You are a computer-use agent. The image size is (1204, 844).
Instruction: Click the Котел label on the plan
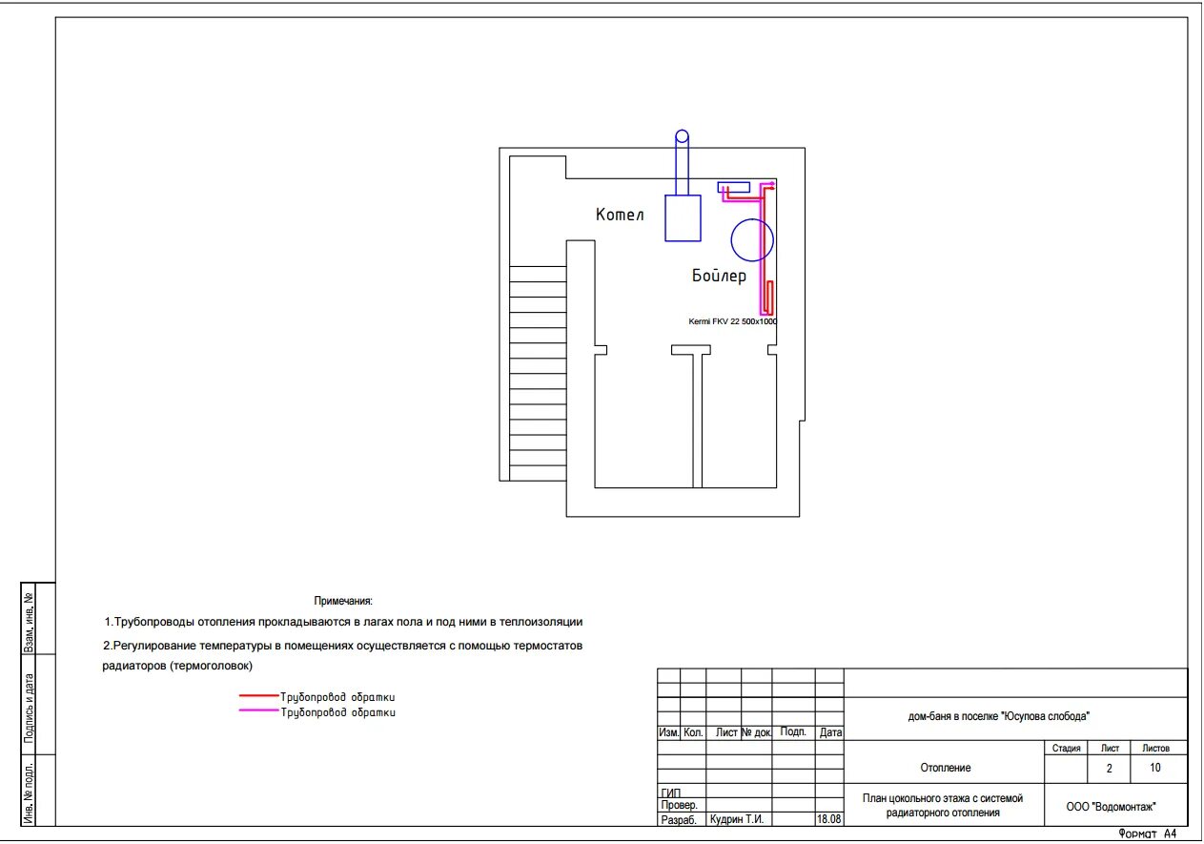point(620,215)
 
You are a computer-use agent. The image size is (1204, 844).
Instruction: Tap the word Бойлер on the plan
point(719,276)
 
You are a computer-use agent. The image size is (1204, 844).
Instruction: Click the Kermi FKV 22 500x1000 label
point(733,321)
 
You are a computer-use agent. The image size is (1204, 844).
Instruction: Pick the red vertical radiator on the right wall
point(769,298)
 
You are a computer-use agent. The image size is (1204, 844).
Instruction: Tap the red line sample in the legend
point(258,695)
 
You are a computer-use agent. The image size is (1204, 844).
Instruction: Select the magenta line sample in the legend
point(258,710)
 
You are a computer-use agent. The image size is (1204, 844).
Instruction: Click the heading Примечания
point(343,601)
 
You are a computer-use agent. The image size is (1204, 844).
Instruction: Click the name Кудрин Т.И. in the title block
point(736,819)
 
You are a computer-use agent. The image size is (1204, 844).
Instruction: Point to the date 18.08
point(828,819)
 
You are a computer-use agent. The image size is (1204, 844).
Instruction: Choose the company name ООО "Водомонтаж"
point(1111,807)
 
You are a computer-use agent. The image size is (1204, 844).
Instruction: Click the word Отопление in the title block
point(946,768)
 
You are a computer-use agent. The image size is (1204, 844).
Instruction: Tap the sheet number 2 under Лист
point(1109,769)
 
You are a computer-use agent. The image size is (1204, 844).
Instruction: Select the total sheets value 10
point(1155,768)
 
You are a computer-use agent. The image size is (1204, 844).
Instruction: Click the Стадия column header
point(1067,749)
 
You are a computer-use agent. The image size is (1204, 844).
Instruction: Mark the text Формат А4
point(1148,834)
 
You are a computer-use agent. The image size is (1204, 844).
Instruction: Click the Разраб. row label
point(679,820)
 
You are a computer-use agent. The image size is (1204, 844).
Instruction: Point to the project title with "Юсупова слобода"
point(999,716)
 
